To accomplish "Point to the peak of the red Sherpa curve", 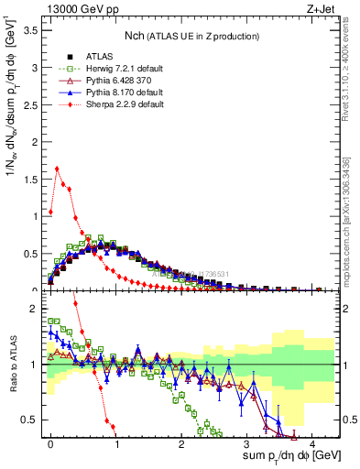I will (57, 169).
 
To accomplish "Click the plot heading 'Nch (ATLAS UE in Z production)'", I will (191, 35).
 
